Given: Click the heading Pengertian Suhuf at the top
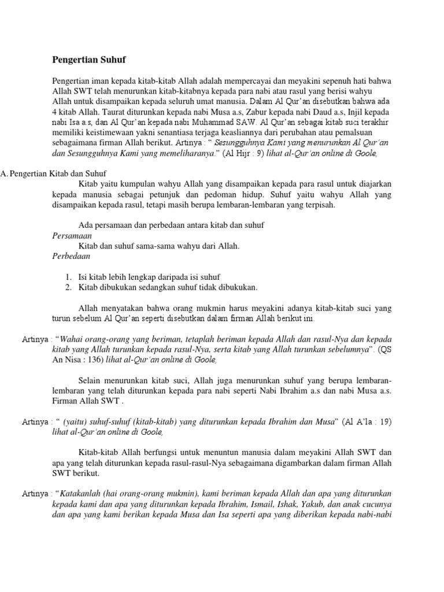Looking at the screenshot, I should click(x=89, y=60).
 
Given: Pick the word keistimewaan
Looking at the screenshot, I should click(x=107, y=132).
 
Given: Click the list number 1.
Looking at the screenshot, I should click(x=68, y=277).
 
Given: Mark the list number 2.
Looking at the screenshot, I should click(x=68, y=287).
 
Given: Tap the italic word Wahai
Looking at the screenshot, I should click(x=73, y=339).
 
